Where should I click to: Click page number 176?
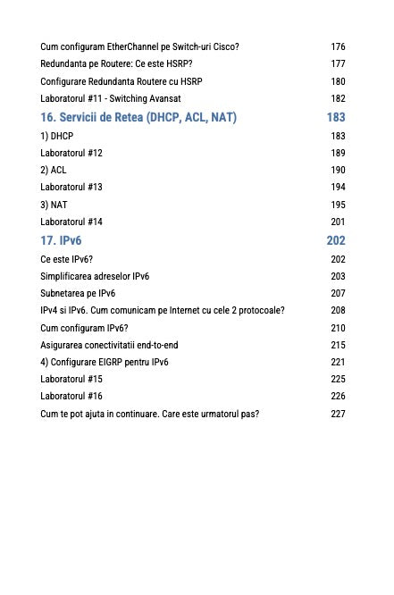click(338, 46)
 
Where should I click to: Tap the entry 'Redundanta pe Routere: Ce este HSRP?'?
click(117, 64)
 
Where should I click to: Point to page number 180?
click(338, 81)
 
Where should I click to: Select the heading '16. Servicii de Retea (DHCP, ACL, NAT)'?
click(139, 117)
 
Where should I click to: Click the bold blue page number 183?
click(336, 117)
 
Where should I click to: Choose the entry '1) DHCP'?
click(57, 136)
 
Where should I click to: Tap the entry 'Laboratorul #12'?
click(71, 153)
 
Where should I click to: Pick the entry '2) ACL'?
click(54, 170)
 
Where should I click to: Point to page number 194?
click(338, 188)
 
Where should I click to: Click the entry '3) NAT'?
click(54, 205)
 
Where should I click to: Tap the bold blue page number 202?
click(336, 240)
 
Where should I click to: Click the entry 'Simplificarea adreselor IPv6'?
click(96, 277)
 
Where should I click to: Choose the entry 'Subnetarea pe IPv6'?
click(78, 294)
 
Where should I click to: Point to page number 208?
click(338, 311)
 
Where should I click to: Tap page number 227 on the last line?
click(338, 415)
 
